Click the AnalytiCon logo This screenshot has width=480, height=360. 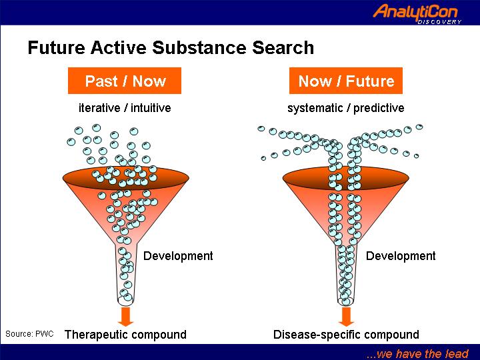(x=417, y=14)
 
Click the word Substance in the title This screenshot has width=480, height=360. (x=199, y=48)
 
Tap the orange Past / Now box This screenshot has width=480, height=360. (x=125, y=81)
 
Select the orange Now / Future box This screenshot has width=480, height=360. (x=346, y=81)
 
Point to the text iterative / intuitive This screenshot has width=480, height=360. (x=125, y=108)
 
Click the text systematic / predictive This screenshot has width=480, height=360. (x=346, y=108)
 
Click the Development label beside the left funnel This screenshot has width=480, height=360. (x=178, y=256)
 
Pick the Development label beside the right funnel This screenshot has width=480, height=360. (x=401, y=256)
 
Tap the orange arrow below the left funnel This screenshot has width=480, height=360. (x=125, y=317)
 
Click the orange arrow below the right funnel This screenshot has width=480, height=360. (x=346, y=317)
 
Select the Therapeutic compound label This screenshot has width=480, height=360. (x=125, y=335)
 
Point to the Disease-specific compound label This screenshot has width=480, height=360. (x=346, y=335)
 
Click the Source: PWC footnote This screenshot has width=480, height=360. (x=29, y=334)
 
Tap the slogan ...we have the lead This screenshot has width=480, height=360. (x=417, y=354)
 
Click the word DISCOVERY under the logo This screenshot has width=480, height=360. (x=439, y=22)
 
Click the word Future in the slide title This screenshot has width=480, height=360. (x=56, y=48)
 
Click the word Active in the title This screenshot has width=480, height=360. (x=119, y=48)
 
